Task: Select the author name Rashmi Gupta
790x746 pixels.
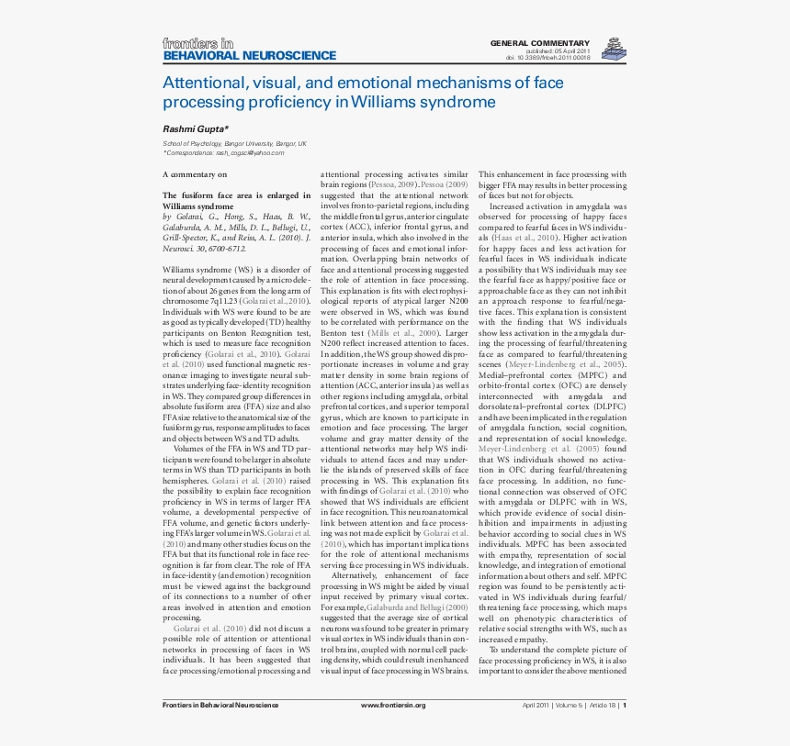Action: pyautogui.click(x=195, y=129)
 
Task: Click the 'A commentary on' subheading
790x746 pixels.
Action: pyautogui.click(x=195, y=173)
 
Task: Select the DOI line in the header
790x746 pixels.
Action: pyautogui.click(x=547, y=58)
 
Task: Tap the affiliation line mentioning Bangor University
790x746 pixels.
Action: pyautogui.click(x=234, y=144)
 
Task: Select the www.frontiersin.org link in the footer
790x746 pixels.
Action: pyautogui.click(x=393, y=705)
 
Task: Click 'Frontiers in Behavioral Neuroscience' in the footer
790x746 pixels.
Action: pyautogui.click(x=220, y=705)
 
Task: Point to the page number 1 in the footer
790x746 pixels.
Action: pyautogui.click(x=625, y=705)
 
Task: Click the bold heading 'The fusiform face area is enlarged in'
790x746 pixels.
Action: pyautogui.click(x=236, y=195)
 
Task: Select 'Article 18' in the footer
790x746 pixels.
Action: pyautogui.click(x=603, y=705)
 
